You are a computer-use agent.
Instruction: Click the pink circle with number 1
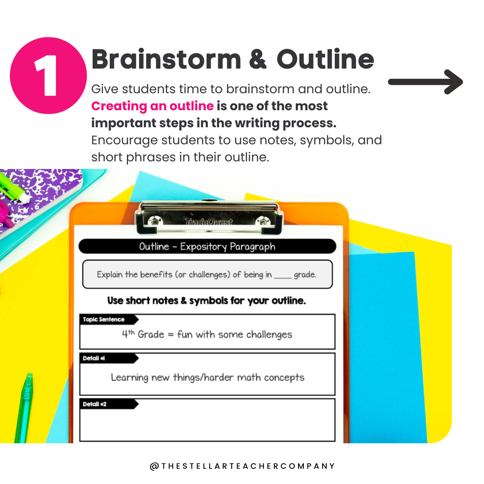pos(48,76)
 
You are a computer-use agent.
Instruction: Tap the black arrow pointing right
pos(425,82)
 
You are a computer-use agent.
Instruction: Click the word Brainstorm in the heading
pos(166,59)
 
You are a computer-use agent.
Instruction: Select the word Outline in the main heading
pos(325,59)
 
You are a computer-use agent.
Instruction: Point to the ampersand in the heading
pos(257,59)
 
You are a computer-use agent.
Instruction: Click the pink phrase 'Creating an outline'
pos(152,106)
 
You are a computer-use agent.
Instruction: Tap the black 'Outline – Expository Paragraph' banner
pos(207,246)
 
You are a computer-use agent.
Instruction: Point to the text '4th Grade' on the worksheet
pos(143,334)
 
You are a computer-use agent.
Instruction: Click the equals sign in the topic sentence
pos(171,335)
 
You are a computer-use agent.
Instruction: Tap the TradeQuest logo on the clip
pos(209,222)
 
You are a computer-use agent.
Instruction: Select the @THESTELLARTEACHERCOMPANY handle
pos(242,466)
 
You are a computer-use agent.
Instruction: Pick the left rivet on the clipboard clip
pos(153,221)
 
